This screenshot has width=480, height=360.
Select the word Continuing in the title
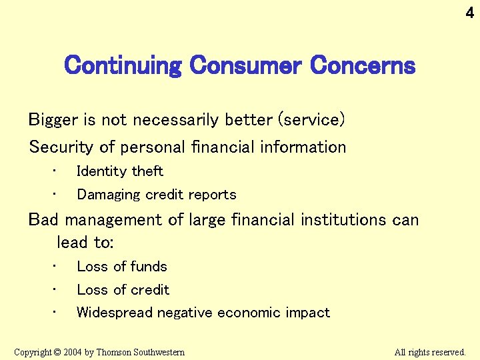point(123,66)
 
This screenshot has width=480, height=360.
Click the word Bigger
point(54,121)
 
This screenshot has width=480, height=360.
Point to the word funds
point(149,267)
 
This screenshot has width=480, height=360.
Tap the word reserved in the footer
point(449,352)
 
